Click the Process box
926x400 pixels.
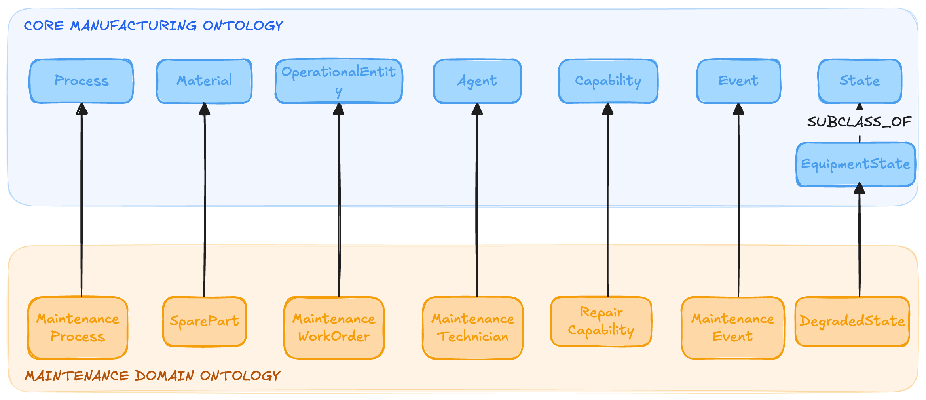coord(82,81)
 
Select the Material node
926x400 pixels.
coord(204,81)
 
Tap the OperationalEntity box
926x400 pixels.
coord(339,81)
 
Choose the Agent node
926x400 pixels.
coord(477,81)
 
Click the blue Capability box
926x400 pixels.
coord(608,81)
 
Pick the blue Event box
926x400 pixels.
coord(739,81)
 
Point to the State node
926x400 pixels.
coord(860,81)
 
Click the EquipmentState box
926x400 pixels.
coord(856,164)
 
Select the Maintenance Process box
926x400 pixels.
coord(78,328)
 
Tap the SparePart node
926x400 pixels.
coord(204,321)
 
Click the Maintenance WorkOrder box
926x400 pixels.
coord(334,328)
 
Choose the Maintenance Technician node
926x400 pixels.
coord(473,328)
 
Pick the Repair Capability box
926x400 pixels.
coord(601,321)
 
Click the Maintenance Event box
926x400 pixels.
coord(733,328)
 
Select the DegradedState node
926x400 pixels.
coord(852,321)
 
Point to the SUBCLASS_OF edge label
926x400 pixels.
coord(860,122)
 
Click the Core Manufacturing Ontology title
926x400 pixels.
coord(154,26)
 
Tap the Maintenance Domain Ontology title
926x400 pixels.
coord(152,375)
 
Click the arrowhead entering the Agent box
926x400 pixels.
coord(477,109)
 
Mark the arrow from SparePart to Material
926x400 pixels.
coord(205,200)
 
